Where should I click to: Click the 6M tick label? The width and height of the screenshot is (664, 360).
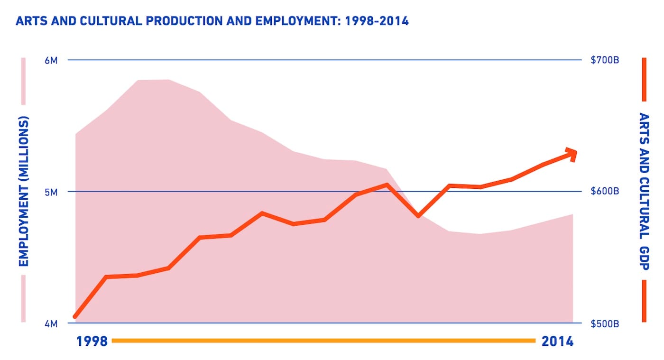[51, 60]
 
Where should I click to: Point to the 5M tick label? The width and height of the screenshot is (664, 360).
[51, 192]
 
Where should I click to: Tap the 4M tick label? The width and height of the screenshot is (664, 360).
[51, 324]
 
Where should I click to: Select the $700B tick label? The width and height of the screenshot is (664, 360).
[605, 60]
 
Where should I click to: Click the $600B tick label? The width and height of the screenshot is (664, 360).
[605, 192]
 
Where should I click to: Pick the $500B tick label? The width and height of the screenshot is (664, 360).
[605, 324]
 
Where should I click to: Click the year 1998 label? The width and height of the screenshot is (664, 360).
[92, 341]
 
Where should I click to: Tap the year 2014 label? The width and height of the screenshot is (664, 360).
[557, 341]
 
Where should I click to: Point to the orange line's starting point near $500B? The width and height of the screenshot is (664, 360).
[75, 316]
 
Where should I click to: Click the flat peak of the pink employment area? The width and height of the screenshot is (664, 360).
[153, 80]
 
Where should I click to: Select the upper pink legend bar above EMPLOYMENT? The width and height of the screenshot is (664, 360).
[23, 81]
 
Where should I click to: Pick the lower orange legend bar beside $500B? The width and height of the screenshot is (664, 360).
[644, 301]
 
